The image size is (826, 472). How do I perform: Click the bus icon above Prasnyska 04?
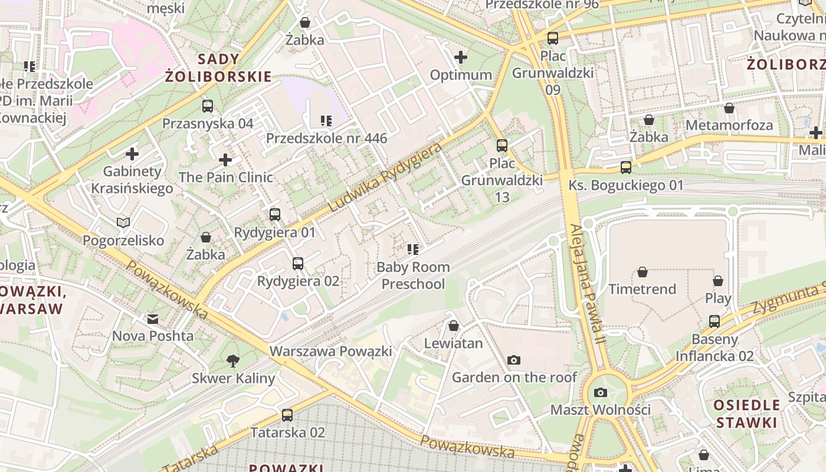pyautogui.click(x=208, y=106)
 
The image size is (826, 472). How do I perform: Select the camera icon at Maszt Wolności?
pyautogui.click(x=600, y=392)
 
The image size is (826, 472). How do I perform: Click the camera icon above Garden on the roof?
pyautogui.click(x=514, y=360)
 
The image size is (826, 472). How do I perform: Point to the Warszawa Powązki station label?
pyautogui.click(x=330, y=352)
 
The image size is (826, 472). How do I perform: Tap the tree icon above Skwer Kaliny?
pyautogui.click(x=233, y=360)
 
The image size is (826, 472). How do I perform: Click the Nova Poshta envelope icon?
pyautogui.click(x=153, y=319)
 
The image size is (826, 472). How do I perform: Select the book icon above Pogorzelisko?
pyautogui.click(x=123, y=222)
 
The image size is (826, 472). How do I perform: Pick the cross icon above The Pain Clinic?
pyautogui.click(x=225, y=160)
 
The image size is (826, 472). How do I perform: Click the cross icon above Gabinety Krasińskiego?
pyautogui.click(x=132, y=154)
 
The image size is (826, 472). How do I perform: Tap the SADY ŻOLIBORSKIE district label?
pyautogui.click(x=218, y=67)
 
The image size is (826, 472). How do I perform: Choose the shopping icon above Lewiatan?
pyautogui.click(x=454, y=326)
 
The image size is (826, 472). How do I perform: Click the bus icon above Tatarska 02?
pyautogui.click(x=287, y=415)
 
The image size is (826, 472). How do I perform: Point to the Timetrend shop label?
pyautogui.click(x=642, y=289)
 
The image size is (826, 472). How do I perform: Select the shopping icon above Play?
pyautogui.click(x=718, y=281)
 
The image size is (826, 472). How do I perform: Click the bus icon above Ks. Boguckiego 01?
pyautogui.click(x=626, y=168)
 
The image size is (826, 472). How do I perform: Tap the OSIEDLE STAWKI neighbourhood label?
pyautogui.click(x=746, y=414)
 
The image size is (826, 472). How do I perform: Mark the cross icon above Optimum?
pyautogui.click(x=461, y=57)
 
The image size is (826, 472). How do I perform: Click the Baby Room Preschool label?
pyautogui.click(x=413, y=276)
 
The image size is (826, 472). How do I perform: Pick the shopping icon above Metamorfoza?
pyautogui.click(x=729, y=108)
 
